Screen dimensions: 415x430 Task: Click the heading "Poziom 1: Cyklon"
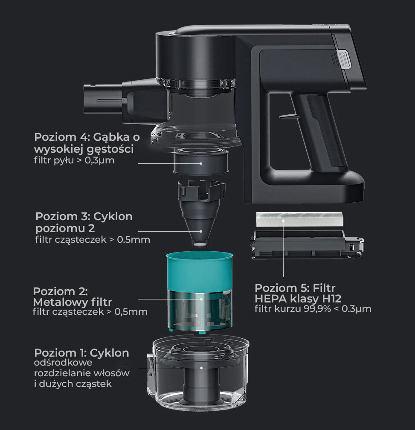[x=82, y=353]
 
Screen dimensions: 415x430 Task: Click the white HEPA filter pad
[x=299, y=219]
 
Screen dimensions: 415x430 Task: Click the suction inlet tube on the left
[x=103, y=100]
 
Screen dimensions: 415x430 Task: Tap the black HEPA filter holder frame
[x=307, y=244]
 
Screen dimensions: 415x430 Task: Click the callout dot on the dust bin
[x=201, y=368]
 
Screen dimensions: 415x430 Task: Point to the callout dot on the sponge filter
[x=201, y=163]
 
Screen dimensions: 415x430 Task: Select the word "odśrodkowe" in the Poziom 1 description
[x=63, y=363]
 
